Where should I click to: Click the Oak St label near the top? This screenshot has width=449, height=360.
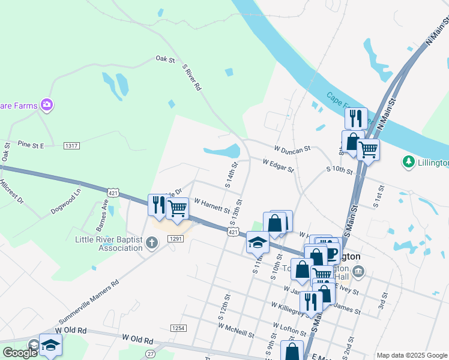pyautogui.click(x=164, y=59)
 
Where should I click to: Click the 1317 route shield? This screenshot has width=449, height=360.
pyautogui.click(x=72, y=145)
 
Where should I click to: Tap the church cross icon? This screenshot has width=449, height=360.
pyautogui.click(x=152, y=243)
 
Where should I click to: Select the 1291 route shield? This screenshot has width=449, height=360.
pyautogui.click(x=175, y=239)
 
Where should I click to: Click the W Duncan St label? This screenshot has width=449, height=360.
pyautogui.click(x=292, y=148)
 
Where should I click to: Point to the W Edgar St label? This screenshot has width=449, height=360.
pyautogui.click(x=277, y=165)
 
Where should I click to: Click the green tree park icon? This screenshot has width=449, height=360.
pyautogui.click(x=409, y=162)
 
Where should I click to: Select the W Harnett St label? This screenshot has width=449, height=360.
pyautogui.click(x=211, y=206)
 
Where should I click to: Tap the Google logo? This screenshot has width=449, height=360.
pyautogui.click(x=20, y=353)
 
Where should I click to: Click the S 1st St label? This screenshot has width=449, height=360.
pyautogui.click(x=376, y=198)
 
